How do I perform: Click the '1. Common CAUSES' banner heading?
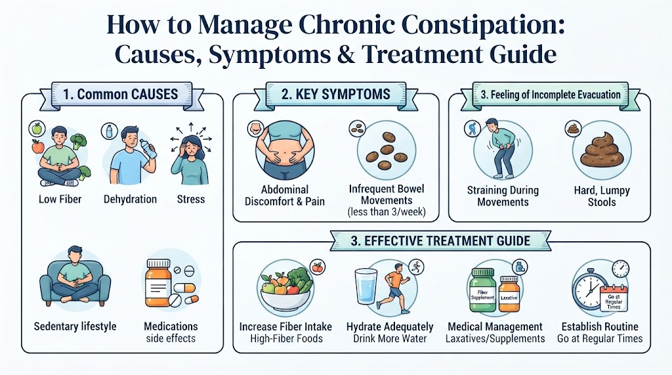(121, 94)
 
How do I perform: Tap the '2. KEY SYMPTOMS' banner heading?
(335, 94)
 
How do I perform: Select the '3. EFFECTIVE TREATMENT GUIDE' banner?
(440, 241)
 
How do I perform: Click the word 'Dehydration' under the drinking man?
(131, 199)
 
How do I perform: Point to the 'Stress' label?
(191, 199)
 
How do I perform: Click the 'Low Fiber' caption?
(60, 199)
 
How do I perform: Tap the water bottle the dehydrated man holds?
(148, 149)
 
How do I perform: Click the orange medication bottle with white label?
(158, 283)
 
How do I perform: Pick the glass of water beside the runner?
(366, 286)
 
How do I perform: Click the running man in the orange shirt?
(394, 286)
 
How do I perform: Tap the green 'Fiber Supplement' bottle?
(482, 290)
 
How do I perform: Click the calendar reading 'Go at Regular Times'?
(614, 298)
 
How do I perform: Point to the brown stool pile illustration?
(602, 150)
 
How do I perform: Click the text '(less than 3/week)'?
(387, 212)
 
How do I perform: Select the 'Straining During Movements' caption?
(503, 196)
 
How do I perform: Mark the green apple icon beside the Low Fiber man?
(37, 128)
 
